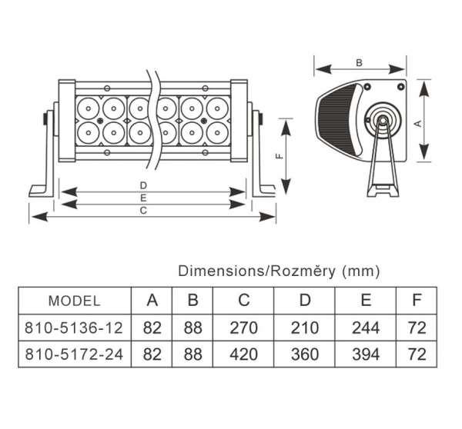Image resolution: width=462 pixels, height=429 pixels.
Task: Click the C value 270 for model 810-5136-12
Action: click(243, 328)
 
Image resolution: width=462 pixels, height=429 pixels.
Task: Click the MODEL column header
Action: click(74, 300)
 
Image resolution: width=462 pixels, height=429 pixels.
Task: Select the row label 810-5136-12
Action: click(74, 328)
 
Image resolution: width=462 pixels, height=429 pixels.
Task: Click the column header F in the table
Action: click(417, 300)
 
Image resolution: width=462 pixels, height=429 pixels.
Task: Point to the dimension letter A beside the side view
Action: click(417, 121)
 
